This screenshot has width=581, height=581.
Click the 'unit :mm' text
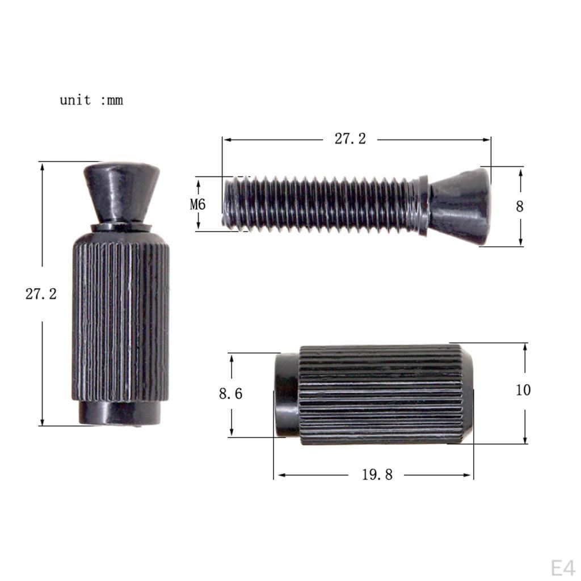coord(91,100)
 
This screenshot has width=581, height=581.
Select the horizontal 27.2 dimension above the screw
coord(350,139)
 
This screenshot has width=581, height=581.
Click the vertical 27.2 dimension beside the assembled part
coord(41,294)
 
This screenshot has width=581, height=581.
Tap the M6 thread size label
coord(198,204)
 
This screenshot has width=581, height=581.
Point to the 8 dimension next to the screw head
coord(520,207)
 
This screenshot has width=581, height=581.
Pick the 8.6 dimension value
coord(231,394)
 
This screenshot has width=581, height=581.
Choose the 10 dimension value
coord(524,390)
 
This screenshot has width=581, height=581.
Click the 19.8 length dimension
coord(377,475)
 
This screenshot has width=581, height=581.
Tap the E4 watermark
coord(563,568)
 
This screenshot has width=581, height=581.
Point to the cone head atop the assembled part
coord(121,190)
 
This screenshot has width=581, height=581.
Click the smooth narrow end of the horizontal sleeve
coord(287,395)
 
